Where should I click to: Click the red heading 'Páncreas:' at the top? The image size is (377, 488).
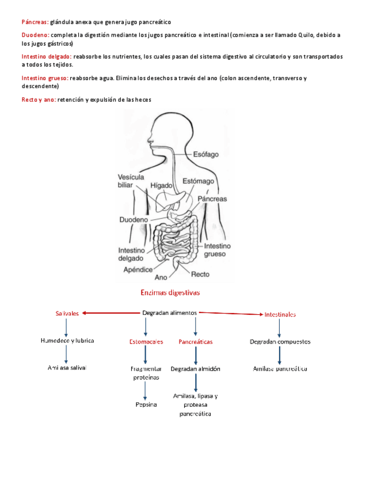tap(35, 22)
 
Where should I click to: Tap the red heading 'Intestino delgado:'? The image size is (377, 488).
tap(46, 56)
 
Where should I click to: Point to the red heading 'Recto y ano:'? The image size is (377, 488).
tap(39, 100)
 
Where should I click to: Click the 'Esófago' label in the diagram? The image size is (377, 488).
tap(205, 154)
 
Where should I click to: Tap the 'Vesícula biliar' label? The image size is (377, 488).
tap(130, 181)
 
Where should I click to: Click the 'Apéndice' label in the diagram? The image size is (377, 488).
tap(138, 269)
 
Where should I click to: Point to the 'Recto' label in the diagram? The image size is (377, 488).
tap(200, 274)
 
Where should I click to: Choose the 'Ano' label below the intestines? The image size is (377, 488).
tap(161, 277)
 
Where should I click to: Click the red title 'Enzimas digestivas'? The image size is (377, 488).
tap(170, 292)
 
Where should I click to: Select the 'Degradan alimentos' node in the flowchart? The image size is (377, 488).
tap(169, 312)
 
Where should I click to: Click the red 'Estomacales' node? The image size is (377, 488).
tap(146, 341)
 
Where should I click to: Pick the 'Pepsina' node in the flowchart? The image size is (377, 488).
tap(146, 405)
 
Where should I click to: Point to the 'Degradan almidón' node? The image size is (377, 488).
tap(195, 369)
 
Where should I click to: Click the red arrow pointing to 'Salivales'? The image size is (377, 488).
tap(109, 313)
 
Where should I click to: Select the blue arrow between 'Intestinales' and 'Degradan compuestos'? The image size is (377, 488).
tap(279, 328)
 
